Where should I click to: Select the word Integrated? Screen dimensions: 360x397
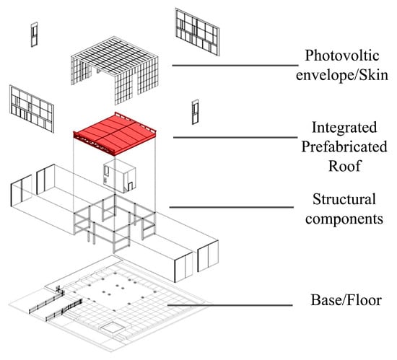click(344, 128)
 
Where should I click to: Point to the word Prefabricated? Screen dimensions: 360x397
click(344, 147)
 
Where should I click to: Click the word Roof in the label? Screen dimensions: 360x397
click(344, 167)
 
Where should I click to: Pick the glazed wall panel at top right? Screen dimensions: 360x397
click(196, 32)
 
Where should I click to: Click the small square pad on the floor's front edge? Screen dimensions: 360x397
click(113, 328)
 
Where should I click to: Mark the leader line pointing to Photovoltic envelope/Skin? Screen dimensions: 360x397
click(227, 65)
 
